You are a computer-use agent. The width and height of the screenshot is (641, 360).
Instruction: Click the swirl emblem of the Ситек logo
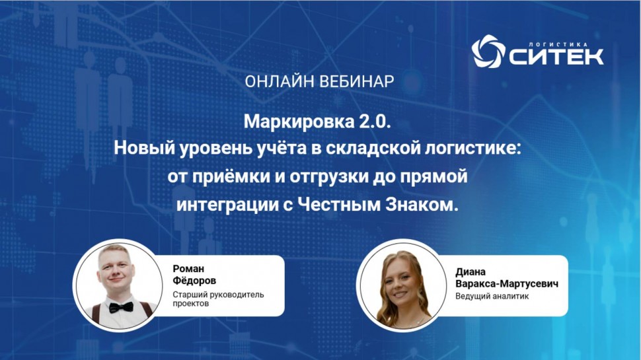coord(487,52)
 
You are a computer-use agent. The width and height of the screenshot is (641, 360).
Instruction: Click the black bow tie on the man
coord(121,307)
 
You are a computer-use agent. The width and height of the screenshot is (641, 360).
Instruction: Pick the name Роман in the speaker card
coord(188,268)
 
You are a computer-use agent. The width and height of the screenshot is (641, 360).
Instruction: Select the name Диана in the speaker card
coord(471,271)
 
